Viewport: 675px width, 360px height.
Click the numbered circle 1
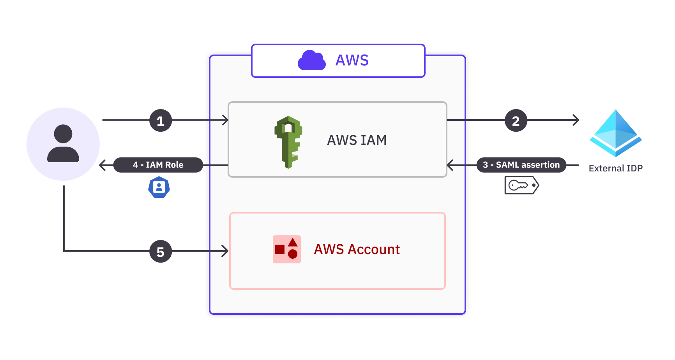(161, 121)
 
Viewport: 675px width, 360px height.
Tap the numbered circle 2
(516, 121)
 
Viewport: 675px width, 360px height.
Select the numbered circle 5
(161, 252)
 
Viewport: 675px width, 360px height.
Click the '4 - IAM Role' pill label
(158, 165)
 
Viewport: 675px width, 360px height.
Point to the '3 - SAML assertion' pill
(521, 165)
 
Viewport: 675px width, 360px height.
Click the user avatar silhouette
(63, 144)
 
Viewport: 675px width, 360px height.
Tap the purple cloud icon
(311, 60)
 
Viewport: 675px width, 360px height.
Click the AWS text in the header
(352, 60)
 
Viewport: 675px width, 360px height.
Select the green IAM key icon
(288, 142)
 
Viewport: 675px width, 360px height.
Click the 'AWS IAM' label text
(357, 140)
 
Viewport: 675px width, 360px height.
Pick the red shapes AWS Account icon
(287, 249)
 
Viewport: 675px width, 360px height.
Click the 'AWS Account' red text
(357, 249)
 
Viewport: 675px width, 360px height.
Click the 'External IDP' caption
(615, 168)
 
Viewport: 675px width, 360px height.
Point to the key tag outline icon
(521, 185)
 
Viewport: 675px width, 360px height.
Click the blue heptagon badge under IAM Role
(159, 187)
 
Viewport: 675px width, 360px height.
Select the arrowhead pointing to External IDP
(576, 120)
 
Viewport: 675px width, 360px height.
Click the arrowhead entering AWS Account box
(225, 251)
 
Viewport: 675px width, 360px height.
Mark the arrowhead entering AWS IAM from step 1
(225, 120)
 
